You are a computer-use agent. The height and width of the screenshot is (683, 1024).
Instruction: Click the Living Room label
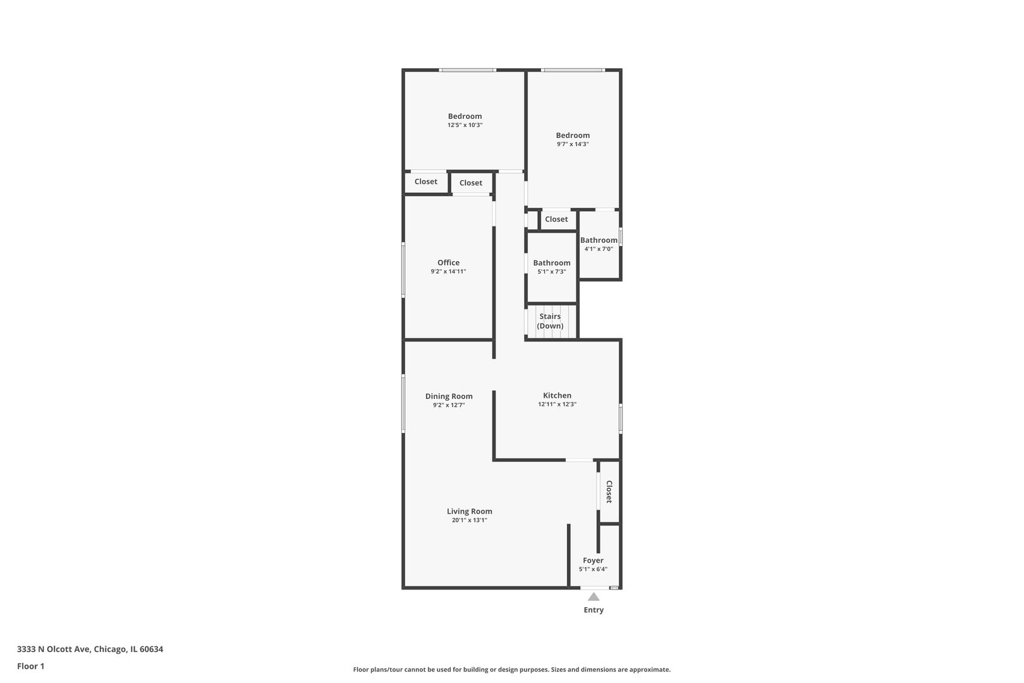coord(470,512)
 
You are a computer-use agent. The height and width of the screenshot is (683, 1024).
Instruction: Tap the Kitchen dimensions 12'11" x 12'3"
coord(558,404)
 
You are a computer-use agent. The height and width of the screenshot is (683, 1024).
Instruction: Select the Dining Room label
coord(449,397)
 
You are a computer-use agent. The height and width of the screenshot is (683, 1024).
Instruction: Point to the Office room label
coord(448,262)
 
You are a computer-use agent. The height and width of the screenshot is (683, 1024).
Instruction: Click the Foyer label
coord(593,561)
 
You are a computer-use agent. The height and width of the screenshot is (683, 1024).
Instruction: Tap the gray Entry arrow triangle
coord(594,596)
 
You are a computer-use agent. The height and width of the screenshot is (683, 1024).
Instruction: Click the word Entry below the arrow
coord(594,610)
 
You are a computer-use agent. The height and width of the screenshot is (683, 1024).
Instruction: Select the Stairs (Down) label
coord(550,321)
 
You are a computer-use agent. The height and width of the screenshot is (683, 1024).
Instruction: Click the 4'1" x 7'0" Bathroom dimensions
coord(599,249)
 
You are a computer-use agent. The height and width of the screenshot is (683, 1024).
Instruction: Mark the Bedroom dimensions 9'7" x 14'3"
coord(573,144)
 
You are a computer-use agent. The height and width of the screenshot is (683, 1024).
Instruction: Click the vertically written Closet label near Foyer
coord(609,492)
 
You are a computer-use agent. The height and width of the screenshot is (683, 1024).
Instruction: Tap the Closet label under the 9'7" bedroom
coord(556,219)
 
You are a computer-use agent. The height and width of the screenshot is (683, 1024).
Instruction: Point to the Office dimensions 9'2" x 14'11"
coord(448,271)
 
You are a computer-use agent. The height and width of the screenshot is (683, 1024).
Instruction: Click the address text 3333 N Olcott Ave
coord(54,649)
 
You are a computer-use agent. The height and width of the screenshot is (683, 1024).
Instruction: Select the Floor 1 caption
coord(30,666)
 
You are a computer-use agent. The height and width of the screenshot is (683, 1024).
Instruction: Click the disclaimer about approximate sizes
coord(512,669)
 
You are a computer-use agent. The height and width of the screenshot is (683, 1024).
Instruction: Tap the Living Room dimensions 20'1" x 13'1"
coord(470,520)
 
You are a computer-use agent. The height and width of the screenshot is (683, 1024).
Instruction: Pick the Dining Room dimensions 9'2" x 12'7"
coord(449,405)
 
